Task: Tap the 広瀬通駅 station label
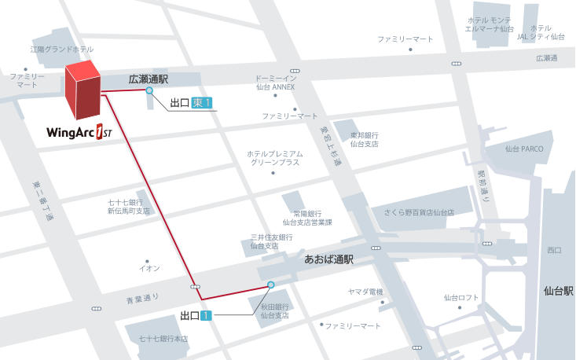(x=149, y=79)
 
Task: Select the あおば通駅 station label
(x=328, y=259)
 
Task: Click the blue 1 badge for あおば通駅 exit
(x=207, y=316)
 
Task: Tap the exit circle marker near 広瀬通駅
(x=149, y=91)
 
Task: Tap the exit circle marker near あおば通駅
(x=271, y=285)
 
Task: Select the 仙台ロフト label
(x=461, y=297)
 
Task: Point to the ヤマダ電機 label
(x=365, y=292)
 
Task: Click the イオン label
(x=149, y=268)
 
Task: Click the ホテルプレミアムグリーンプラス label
(x=274, y=158)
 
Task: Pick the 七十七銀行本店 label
(x=163, y=339)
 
